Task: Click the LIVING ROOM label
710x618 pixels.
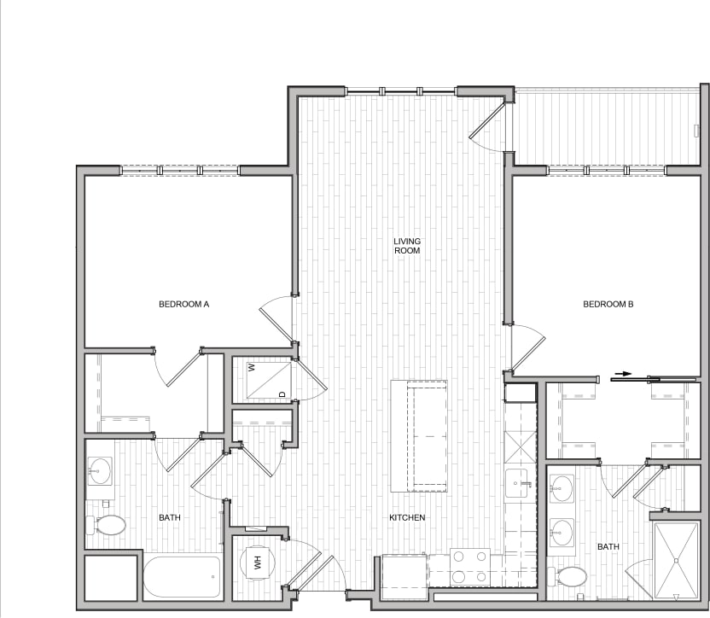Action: (407, 246)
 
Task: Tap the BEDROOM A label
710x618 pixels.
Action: (184, 304)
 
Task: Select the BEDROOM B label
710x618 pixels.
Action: (608, 304)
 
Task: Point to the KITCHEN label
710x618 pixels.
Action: (407, 518)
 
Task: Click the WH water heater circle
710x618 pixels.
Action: (256, 563)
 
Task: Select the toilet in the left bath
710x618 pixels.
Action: (107, 524)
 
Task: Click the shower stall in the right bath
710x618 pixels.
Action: (676, 560)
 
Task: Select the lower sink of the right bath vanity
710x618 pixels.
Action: (562, 533)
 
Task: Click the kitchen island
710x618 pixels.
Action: (419, 436)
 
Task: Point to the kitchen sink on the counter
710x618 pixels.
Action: (517, 483)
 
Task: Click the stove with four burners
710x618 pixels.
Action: (469, 564)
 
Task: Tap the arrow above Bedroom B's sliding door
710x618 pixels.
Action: (624, 374)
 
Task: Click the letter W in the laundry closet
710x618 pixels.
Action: (252, 368)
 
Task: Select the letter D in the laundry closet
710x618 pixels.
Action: (282, 394)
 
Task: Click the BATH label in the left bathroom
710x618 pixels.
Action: (170, 517)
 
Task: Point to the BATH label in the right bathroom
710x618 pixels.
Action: (608, 546)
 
